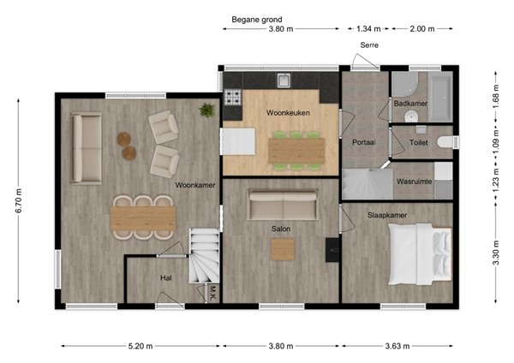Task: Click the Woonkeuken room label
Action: tap(288, 113)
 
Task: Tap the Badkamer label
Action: tap(410, 104)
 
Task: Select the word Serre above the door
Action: tap(369, 45)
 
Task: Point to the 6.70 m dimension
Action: tap(19, 201)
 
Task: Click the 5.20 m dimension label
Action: tap(140, 346)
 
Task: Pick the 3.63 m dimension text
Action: tap(397, 346)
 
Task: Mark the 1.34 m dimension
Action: tap(368, 29)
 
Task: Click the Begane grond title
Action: tap(257, 20)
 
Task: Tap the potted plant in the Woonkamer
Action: tap(206, 110)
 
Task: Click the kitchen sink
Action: tap(284, 80)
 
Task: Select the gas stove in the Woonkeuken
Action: tap(233, 98)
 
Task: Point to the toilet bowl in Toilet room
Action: tap(446, 142)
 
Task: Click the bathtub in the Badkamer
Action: tap(440, 97)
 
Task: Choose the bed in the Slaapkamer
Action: tap(420, 254)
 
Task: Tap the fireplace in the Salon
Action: tap(332, 250)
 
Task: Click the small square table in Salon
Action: tap(283, 250)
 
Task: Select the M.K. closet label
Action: tap(212, 294)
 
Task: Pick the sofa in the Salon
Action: tap(283, 205)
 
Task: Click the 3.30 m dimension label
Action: tap(496, 253)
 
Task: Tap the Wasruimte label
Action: tap(414, 181)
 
